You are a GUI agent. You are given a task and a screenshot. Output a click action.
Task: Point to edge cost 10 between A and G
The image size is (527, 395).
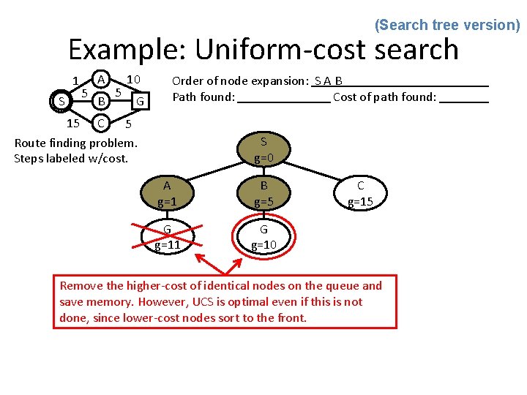tap(133, 78)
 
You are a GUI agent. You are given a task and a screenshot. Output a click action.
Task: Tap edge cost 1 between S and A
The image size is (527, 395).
tap(75, 81)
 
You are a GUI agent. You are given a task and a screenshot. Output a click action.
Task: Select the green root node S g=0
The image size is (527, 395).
tap(263, 149)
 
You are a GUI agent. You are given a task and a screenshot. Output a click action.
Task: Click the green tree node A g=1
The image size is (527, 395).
tap(167, 193)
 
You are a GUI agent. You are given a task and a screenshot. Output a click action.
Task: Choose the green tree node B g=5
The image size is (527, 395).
tap(263, 193)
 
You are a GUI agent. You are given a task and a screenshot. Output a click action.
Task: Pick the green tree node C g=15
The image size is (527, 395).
tap(360, 193)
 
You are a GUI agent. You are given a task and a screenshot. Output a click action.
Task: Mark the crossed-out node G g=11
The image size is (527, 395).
tap(167, 237)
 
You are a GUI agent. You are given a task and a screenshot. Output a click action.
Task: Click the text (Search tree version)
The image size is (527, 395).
tap(447, 25)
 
